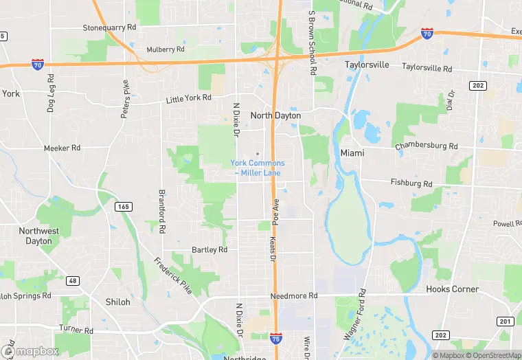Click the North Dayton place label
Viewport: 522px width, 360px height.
tap(275, 115)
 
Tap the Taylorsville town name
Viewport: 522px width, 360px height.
tap(366, 65)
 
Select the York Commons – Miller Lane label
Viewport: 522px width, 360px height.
tap(258, 168)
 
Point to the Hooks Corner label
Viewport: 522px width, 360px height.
tap(452, 289)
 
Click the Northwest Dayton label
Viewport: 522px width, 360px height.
tap(39, 236)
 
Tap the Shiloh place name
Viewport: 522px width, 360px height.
tap(117, 302)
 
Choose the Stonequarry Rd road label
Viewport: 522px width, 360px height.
tap(110, 28)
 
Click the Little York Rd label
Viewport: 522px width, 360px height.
tap(188, 98)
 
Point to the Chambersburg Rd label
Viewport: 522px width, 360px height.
tap(426, 146)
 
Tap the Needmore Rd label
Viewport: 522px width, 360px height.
tap(294, 295)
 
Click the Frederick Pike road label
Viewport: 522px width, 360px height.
tap(172, 275)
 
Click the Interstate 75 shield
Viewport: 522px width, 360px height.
tap(275, 337)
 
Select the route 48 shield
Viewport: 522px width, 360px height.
tap(72, 280)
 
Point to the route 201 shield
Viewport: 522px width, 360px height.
tap(506, 321)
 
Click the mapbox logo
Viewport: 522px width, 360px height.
tap(30, 350)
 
